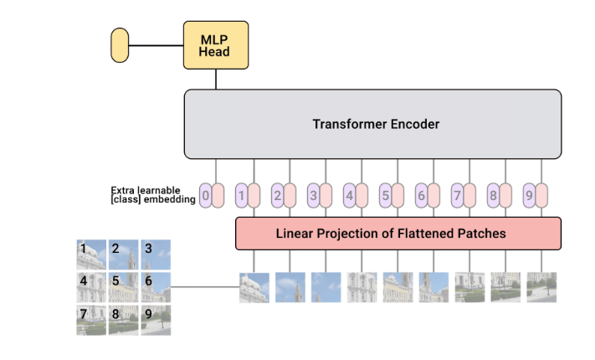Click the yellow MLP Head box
click(x=216, y=44)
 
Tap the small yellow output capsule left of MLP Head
click(x=120, y=44)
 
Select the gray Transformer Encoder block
click(x=372, y=124)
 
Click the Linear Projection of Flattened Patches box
click(x=398, y=233)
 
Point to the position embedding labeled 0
click(x=206, y=196)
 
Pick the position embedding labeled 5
click(x=386, y=196)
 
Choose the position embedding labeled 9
click(x=529, y=196)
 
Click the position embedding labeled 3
click(x=314, y=196)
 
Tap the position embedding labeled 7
click(x=457, y=196)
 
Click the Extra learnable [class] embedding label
click(x=152, y=195)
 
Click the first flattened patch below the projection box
click(x=254, y=287)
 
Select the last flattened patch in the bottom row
click(x=541, y=287)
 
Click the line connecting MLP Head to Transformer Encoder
click(x=216, y=79)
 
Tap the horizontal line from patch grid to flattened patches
click(x=205, y=287)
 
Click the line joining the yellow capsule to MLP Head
click(x=156, y=44)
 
